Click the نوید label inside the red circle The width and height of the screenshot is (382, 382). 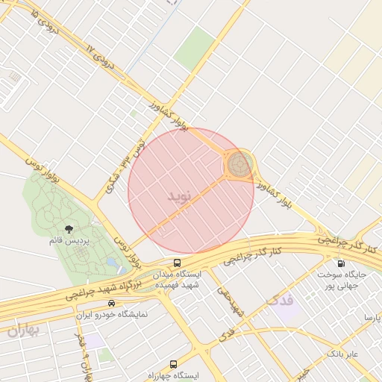coord(181,196)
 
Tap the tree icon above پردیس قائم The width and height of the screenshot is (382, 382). coord(69,229)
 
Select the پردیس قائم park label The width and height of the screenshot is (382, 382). coord(69,241)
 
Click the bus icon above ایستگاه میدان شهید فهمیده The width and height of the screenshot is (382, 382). coord(177,263)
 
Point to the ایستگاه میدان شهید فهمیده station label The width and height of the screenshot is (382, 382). coord(177,279)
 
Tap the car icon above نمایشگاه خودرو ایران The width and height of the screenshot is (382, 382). coord(111,303)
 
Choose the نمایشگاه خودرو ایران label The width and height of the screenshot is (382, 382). coord(112,314)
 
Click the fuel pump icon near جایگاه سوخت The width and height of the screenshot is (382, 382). coord(341,263)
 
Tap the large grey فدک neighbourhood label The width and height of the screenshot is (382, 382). coord(280,300)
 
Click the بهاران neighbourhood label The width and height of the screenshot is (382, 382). coord(22,330)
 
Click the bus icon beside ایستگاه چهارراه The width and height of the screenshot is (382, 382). coord(174,364)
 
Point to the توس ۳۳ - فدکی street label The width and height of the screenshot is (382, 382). coord(128,160)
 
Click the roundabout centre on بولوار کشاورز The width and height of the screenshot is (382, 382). coord(239,165)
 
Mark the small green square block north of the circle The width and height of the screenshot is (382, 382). coord(195,46)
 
